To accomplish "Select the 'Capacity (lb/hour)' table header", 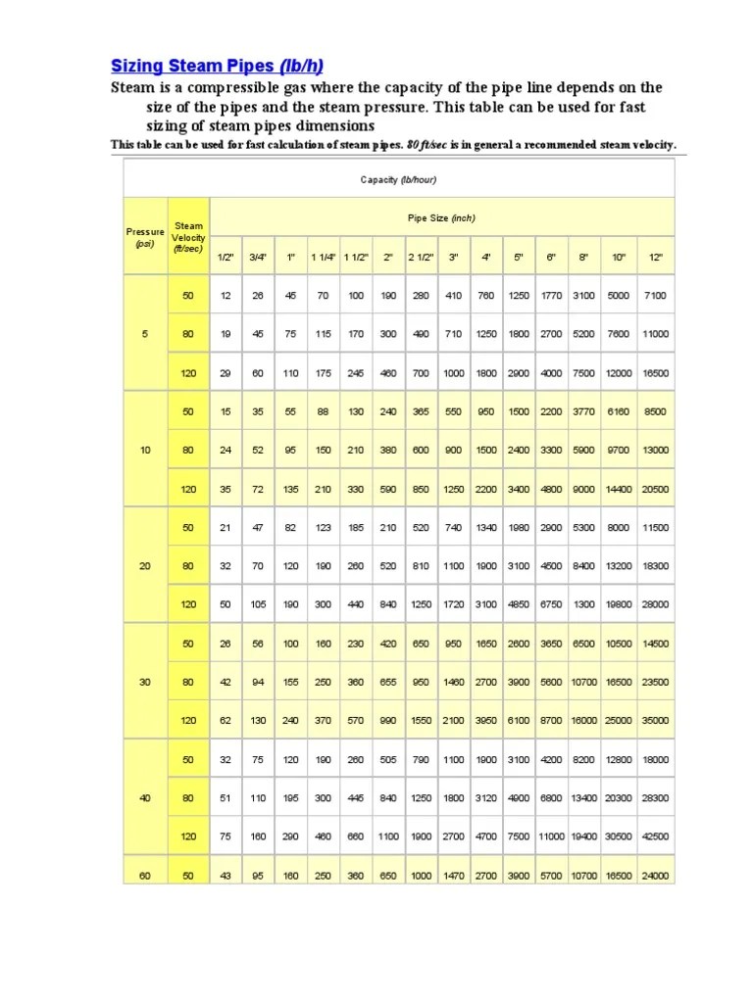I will click(x=398, y=179).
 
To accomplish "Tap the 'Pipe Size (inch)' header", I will click(x=441, y=218).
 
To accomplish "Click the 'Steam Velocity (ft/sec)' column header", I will click(x=187, y=237).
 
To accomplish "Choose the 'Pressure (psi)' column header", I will click(x=145, y=237).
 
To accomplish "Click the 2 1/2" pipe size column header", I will click(x=422, y=257).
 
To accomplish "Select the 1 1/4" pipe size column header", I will click(x=324, y=257).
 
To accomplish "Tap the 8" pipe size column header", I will click(x=583, y=257).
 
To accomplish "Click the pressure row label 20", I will click(x=145, y=565).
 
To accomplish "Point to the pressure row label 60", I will click(x=145, y=875).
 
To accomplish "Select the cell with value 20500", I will click(x=655, y=488).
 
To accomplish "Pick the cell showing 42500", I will click(x=655, y=836).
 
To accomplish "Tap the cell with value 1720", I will click(x=454, y=604).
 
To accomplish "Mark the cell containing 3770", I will click(x=583, y=411).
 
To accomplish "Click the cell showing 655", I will click(x=388, y=682).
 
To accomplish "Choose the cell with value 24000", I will click(x=655, y=875).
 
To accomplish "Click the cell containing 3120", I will click(x=486, y=798).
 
